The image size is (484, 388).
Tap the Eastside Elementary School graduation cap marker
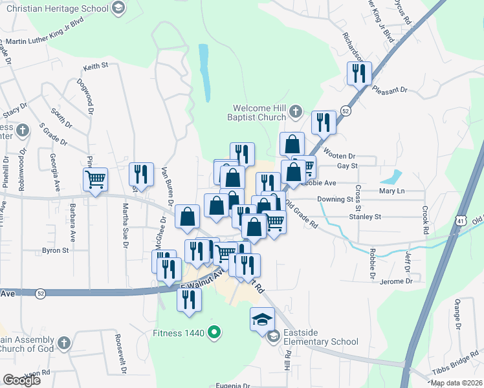click(x=262, y=320)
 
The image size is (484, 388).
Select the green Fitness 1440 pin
click(x=217, y=334)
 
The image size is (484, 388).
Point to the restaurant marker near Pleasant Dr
click(x=358, y=73)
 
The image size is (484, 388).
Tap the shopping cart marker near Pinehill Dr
click(x=95, y=180)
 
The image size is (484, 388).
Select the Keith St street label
click(x=95, y=67)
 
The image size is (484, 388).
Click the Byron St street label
click(x=55, y=250)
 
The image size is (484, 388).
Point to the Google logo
click(x=21, y=380)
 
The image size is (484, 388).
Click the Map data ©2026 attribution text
click(x=456, y=383)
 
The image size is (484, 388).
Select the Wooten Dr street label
click(x=340, y=155)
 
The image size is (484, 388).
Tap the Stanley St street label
click(x=366, y=217)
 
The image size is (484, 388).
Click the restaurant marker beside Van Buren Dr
click(x=141, y=174)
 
